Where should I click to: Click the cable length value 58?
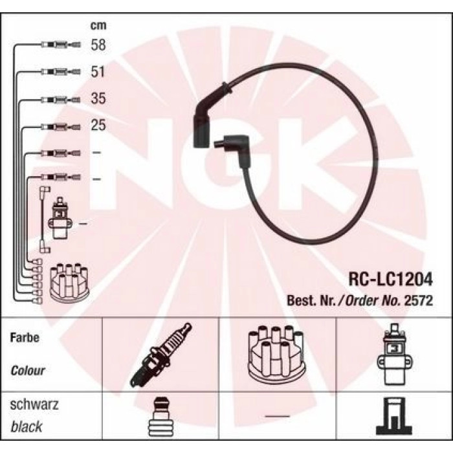pyautogui.click(x=98, y=45)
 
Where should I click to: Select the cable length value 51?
pyautogui.click(x=98, y=71)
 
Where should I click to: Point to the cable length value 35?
pyautogui.click(x=98, y=98)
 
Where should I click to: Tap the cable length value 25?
pyautogui.click(x=98, y=125)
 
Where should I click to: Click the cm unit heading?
pyautogui.click(x=98, y=25)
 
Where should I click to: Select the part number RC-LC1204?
pyautogui.click(x=391, y=280)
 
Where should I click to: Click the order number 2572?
pyautogui.click(x=418, y=301)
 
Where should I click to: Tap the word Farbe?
pyautogui.click(x=25, y=337)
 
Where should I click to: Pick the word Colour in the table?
pyautogui.click(x=28, y=370)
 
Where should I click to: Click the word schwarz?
pyautogui.click(x=34, y=404)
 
